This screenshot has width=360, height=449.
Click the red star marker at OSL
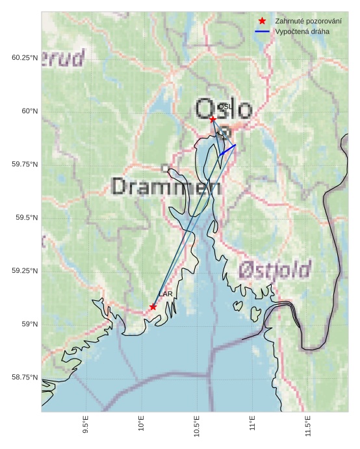212,119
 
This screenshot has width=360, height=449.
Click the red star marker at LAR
153,307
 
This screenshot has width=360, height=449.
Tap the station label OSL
225,107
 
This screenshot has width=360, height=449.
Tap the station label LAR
166,294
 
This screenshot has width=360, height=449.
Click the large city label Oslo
223,109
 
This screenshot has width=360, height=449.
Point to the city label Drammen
166,187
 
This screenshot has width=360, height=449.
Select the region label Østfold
274,269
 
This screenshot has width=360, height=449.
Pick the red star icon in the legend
262,21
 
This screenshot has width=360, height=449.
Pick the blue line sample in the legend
262,31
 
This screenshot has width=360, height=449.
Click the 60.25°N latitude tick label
25,58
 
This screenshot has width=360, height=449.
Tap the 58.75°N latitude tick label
25,378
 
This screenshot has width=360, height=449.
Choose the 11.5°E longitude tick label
308,426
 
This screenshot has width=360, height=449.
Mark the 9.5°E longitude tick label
85,426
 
